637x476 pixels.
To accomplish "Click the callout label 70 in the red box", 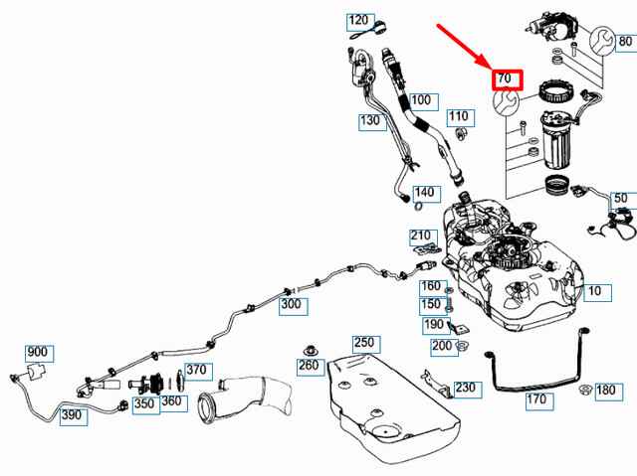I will (505, 78).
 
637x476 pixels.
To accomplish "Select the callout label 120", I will (359, 21).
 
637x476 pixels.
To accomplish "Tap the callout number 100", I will (421, 100).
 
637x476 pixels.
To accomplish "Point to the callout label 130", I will (371, 121).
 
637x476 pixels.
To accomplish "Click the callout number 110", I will (458, 117).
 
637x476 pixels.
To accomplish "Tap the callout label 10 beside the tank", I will (594, 292).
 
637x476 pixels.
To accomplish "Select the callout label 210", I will (421, 237).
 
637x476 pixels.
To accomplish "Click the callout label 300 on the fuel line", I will (291, 304).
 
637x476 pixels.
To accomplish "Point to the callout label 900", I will (37, 353).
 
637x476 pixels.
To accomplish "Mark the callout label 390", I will (71, 415).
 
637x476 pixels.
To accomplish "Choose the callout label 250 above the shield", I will (364, 343).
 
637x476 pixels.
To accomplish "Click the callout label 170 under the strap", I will (536, 400).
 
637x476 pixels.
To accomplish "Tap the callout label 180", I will (606, 392).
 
